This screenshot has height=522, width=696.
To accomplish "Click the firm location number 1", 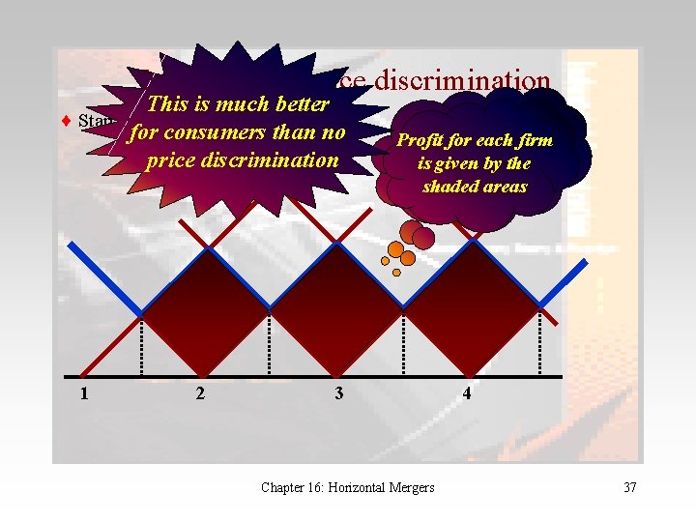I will point(85,393).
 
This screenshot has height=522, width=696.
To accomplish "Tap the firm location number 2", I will point(200,393).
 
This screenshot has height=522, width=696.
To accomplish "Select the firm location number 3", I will point(337,393).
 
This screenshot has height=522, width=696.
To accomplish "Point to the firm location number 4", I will point(467,393).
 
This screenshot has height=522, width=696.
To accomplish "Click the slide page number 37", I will point(630,487).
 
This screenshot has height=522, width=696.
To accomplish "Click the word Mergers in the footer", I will point(412,487).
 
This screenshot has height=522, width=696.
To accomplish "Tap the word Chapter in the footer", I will point(282,487).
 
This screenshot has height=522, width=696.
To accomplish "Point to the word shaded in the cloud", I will point(448,186).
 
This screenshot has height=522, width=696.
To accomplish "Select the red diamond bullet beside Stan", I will point(66,122).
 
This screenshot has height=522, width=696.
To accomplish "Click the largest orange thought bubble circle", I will point(395,249).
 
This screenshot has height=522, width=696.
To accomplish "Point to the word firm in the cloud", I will point(534,140).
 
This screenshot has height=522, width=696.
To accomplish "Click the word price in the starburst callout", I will point(170,159).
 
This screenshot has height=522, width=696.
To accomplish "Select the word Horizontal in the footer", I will point(355,487).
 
